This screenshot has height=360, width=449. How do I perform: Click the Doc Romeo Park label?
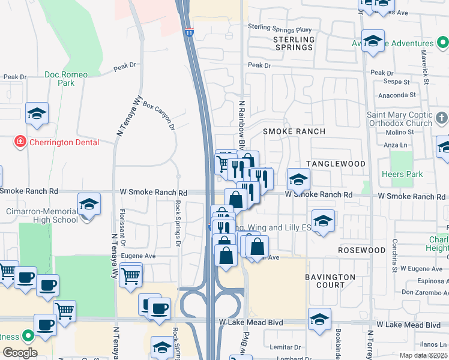[x=66, y=79]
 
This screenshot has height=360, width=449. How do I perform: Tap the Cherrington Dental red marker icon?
[x=20, y=142]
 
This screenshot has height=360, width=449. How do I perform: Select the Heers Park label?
[x=410, y=174]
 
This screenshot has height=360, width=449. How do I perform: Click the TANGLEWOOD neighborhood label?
[x=336, y=164]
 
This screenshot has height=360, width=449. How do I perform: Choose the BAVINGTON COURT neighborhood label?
[x=330, y=281]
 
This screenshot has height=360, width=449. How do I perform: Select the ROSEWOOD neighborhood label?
[x=361, y=250]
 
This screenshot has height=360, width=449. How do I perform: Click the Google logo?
[x=20, y=352]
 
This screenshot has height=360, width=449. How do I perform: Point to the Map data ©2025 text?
[x=423, y=355]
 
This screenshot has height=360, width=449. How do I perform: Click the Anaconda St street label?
[x=396, y=95]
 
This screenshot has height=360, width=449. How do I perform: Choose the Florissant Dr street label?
[x=121, y=228]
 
